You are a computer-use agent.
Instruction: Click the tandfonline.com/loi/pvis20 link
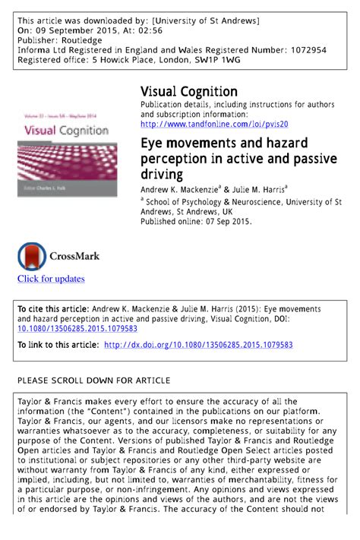pyautogui.click(x=214, y=124)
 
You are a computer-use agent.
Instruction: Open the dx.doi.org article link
pyautogui.click(x=197, y=345)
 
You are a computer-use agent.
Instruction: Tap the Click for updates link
pyautogui.click(x=51, y=279)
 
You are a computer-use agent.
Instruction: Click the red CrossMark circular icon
pyautogui.click(x=32, y=256)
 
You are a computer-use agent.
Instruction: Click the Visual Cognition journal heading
pyautogui.click(x=189, y=92)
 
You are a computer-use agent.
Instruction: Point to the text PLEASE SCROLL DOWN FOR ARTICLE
pyautogui.click(x=93, y=380)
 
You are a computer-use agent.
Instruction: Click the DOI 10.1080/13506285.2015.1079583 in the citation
pyautogui.click(x=77, y=329)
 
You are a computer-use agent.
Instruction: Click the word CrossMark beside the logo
pyautogui.click(x=75, y=256)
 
